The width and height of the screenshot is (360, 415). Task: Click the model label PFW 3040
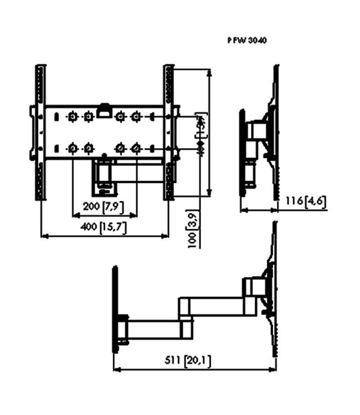click(248, 40)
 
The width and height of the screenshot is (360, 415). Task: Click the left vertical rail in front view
click(40, 133)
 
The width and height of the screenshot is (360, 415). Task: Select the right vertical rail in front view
click(169, 133)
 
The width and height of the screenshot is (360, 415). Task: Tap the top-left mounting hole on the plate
click(72, 117)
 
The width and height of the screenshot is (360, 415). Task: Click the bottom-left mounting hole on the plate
click(72, 148)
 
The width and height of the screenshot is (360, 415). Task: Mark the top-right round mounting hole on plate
click(136, 117)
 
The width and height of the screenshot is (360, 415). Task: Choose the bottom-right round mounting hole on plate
click(136, 148)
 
